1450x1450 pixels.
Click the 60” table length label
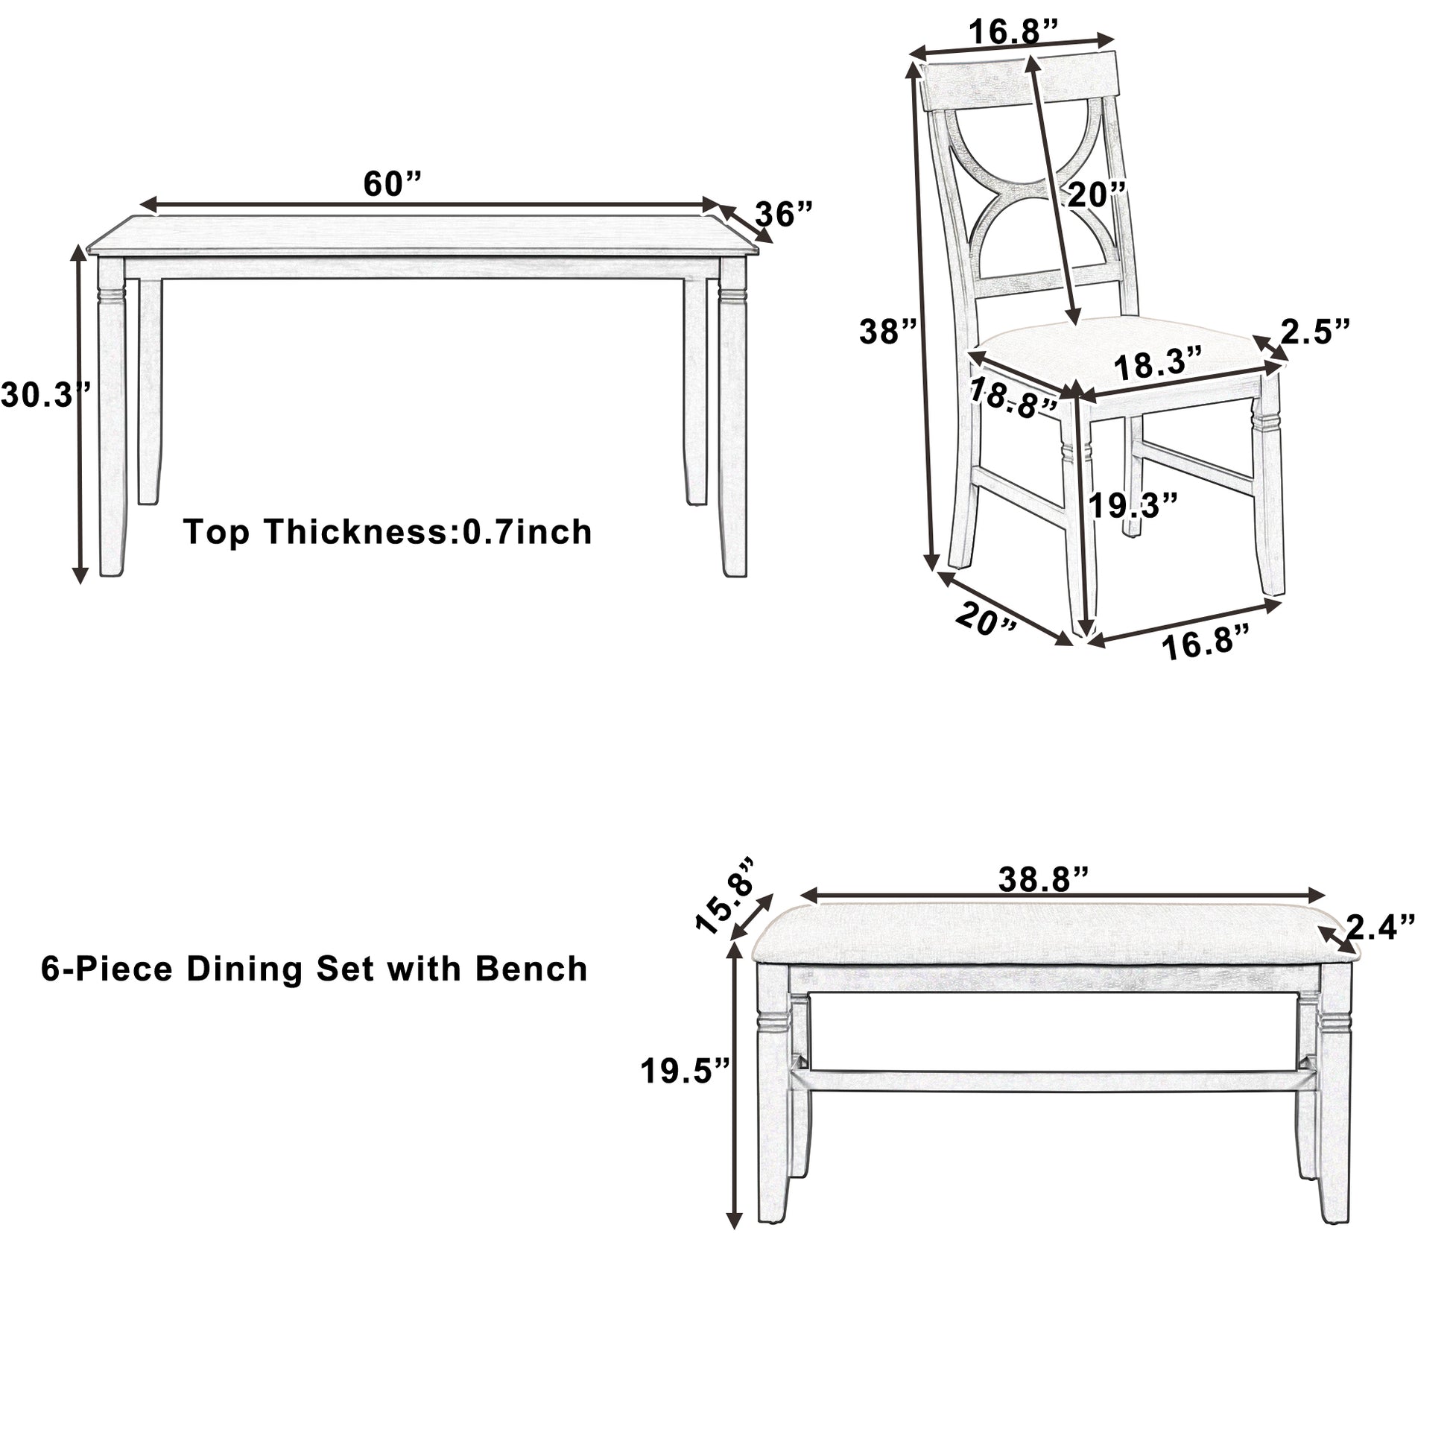tap(393, 185)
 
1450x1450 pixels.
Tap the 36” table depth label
tap(784, 215)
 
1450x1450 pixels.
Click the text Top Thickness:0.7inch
tap(388, 533)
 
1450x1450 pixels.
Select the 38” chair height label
tap(888, 331)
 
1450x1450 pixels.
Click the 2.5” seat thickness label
tap(1315, 331)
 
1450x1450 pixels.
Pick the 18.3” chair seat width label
tap(1158, 366)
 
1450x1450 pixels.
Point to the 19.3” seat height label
tap(1133, 505)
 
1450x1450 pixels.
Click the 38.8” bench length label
tap(1043, 881)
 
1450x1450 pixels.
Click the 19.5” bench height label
tap(686, 1071)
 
